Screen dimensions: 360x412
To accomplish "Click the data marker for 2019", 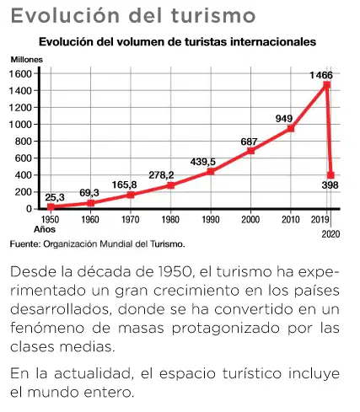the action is (x=326, y=85).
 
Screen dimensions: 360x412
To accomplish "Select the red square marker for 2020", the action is (x=331, y=175).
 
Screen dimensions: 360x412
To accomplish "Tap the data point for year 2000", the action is (x=250, y=151).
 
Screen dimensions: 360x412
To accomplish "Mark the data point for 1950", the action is (x=51, y=207).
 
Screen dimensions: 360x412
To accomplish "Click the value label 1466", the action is (x=321, y=75).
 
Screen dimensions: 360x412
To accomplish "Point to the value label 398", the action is (x=330, y=185).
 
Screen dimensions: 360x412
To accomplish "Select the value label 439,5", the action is (x=203, y=162).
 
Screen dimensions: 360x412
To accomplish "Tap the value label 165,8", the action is (x=124, y=185).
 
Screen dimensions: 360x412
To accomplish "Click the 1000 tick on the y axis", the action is (x=20, y=125).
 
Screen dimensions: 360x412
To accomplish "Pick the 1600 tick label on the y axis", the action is (x=20, y=74).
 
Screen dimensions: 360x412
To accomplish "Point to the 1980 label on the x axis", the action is (x=170, y=219).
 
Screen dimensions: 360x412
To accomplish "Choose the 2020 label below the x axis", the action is (x=331, y=234).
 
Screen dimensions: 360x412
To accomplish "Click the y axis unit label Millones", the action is (x=27, y=60).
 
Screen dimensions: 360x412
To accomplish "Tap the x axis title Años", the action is (x=45, y=229).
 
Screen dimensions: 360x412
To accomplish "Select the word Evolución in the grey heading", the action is (x=65, y=15).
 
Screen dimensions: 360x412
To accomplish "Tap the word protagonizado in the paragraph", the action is (x=226, y=329).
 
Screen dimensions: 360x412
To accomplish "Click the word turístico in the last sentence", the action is (x=252, y=374).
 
